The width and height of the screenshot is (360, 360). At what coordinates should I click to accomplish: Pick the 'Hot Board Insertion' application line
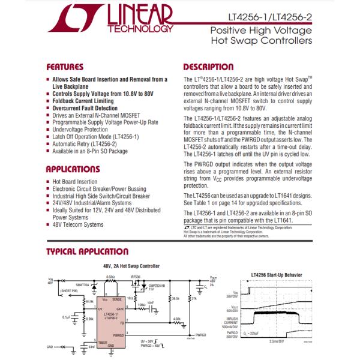click(75, 182)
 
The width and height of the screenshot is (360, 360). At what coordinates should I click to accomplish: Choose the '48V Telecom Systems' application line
click(78, 225)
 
